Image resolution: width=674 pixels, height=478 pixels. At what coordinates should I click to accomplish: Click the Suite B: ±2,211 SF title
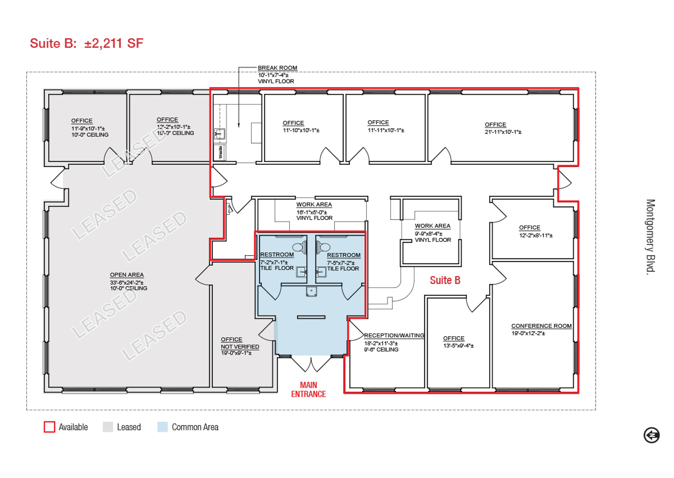click(86, 43)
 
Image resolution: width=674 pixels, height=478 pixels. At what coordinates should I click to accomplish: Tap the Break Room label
click(278, 68)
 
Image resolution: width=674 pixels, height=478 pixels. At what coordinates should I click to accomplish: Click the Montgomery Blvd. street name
click(650, 237)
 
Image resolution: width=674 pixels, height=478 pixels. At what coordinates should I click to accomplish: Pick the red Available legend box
click(49, 427)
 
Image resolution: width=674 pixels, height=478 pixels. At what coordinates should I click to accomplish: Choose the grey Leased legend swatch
click(108, 427)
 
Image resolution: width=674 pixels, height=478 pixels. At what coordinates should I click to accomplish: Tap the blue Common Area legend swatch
click(163, 427)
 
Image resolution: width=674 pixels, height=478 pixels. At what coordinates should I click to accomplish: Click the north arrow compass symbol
click(652, 435)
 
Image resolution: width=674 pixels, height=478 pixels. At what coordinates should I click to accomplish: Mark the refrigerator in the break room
click(220, 152)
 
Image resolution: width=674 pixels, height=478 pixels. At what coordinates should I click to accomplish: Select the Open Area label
click(127, 275)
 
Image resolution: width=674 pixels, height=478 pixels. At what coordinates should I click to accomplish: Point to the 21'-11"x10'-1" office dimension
click(503, 132)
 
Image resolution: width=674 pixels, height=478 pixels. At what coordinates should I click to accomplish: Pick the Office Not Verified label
click(240, 343)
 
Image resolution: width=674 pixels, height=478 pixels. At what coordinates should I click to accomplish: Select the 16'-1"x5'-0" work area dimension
click(311, 212)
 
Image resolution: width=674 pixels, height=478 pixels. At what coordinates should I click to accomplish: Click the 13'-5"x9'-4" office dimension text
click(458, 346)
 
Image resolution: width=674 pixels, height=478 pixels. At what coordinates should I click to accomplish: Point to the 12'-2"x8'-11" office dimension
click(536, 235)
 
